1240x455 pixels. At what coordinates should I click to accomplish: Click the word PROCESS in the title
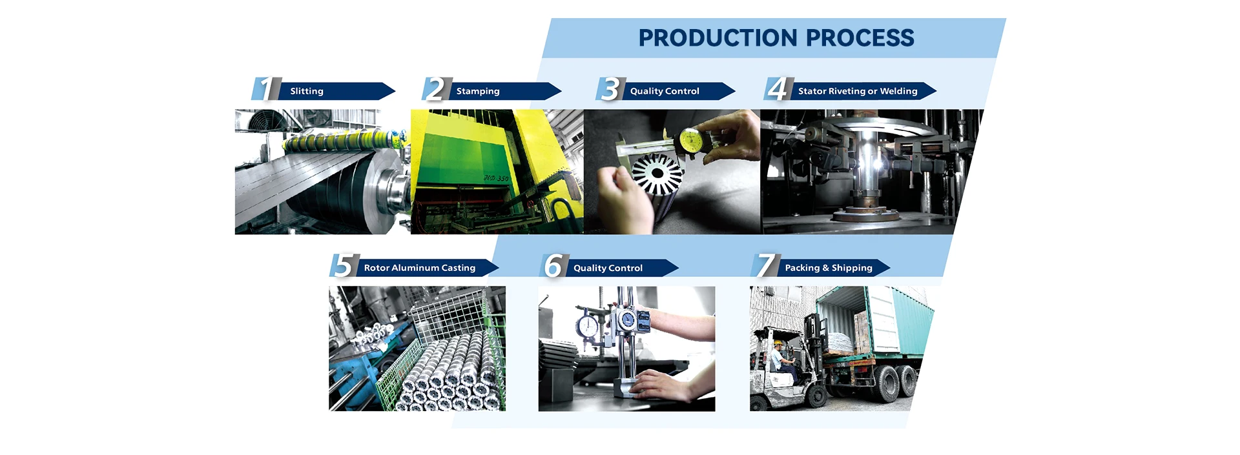860,38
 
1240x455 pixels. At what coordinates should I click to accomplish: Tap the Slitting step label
307,91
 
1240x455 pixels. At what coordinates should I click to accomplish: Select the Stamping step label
478,91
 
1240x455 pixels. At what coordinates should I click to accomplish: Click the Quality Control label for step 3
665,91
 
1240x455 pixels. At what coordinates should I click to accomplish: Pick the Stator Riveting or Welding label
858,91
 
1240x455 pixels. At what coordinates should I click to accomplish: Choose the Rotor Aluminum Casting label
420,268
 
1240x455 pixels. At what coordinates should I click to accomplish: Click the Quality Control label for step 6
608,268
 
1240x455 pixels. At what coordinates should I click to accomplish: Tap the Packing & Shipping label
829,268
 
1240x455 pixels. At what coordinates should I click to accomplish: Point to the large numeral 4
778,89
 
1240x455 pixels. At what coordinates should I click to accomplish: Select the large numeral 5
343,266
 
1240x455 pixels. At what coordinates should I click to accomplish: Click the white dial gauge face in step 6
588,326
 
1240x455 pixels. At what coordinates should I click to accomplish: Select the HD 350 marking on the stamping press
496,178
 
